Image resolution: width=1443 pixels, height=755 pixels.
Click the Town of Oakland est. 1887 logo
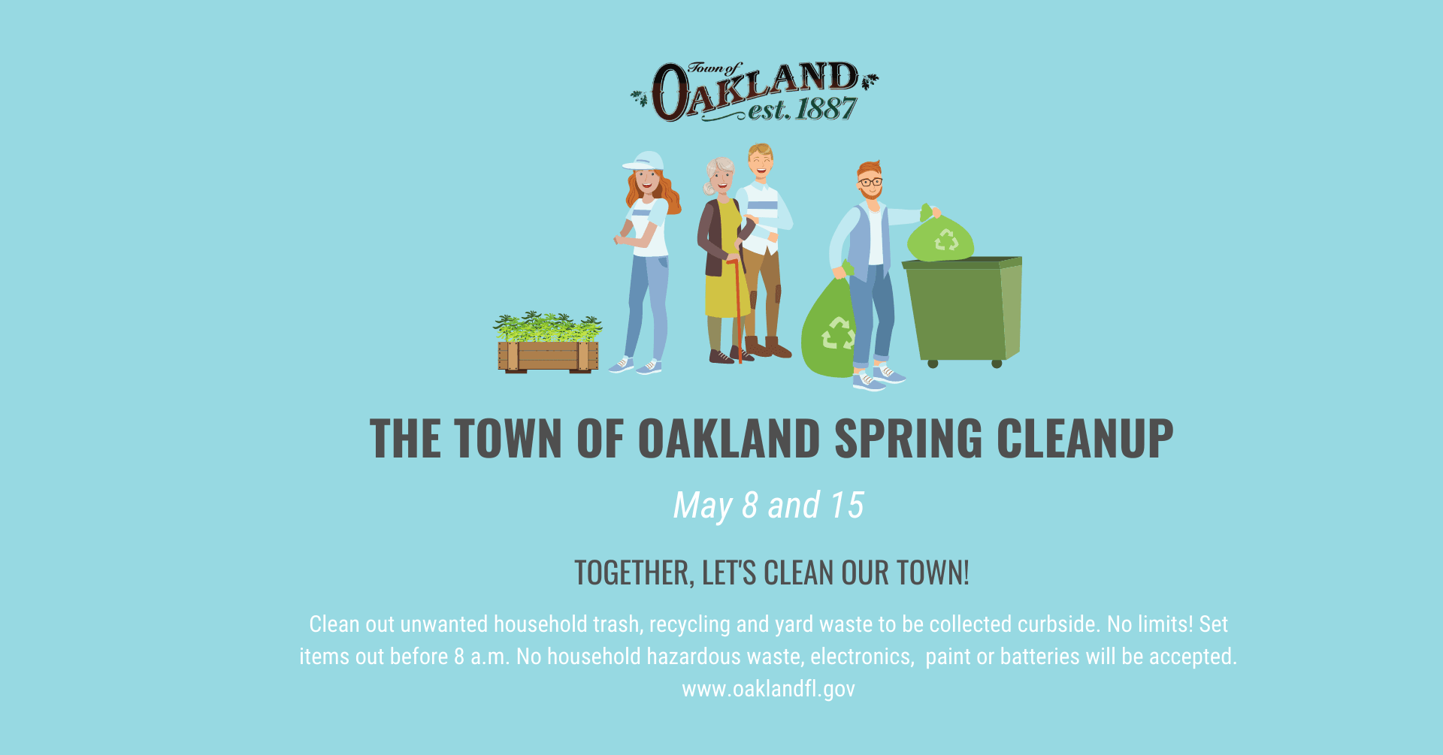coord(754,92)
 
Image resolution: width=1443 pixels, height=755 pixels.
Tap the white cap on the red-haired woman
coord(645,162)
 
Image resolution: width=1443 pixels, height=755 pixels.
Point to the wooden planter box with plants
coord(548,353)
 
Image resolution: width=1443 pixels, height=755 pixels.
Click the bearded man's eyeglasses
coord(870,182)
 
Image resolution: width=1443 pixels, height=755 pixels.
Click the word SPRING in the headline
coord(908,439)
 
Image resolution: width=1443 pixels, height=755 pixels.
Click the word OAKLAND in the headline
coord(728,439)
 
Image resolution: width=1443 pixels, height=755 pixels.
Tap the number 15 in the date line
coord(846,506)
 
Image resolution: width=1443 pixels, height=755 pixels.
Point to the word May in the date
coord(702,506)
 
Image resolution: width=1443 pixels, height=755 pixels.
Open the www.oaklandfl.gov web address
coord(768,689)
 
